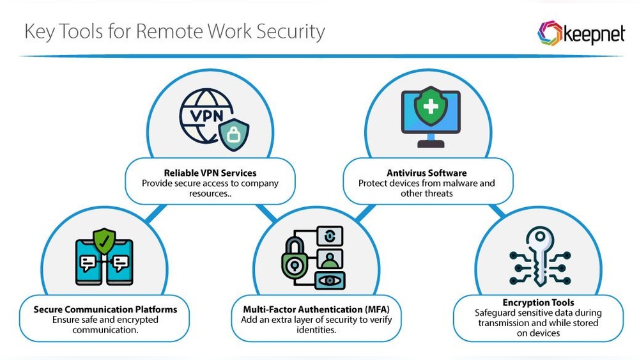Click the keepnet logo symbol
point(550,33)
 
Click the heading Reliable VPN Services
point(210,173)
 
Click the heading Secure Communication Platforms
point(105,309)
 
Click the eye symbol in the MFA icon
point(330,279)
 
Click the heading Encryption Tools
point(538,302)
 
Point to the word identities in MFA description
point(318,330)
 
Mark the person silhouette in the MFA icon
point(330,259)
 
